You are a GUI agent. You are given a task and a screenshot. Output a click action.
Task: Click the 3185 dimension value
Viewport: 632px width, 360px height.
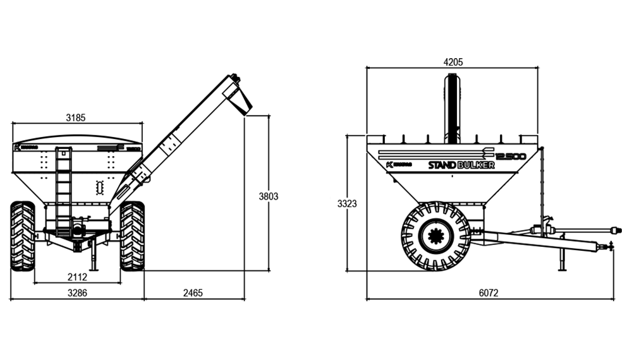75,117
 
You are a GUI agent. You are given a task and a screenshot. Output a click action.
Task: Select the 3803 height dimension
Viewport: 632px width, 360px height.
269,196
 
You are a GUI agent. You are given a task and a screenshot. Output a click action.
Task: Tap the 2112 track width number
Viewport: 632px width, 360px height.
78,277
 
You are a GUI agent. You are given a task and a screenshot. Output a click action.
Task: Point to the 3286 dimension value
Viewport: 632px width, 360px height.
77,293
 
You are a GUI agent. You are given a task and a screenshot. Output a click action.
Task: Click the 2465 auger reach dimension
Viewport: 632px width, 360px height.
193,293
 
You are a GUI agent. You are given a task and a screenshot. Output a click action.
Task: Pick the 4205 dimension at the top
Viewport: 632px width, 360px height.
453,62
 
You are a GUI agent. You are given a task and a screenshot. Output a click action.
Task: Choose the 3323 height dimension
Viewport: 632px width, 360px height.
347,203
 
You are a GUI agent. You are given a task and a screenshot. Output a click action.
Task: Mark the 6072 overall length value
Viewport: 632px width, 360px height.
489,293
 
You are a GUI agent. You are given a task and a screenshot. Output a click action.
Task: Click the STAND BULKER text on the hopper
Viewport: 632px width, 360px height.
461,165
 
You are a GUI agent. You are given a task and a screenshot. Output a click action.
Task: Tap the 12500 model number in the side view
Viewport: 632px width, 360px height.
511,156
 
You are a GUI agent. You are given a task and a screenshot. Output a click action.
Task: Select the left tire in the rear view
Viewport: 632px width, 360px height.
23,236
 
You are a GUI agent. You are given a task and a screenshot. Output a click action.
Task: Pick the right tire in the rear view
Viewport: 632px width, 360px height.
132,236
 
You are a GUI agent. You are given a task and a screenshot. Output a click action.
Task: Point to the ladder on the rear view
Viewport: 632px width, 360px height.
63,189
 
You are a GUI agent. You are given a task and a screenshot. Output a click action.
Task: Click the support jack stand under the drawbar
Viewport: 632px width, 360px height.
562,259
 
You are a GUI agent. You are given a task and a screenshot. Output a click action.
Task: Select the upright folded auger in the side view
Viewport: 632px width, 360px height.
452,107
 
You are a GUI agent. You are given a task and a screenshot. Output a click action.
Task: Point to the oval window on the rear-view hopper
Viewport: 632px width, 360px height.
99,187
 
